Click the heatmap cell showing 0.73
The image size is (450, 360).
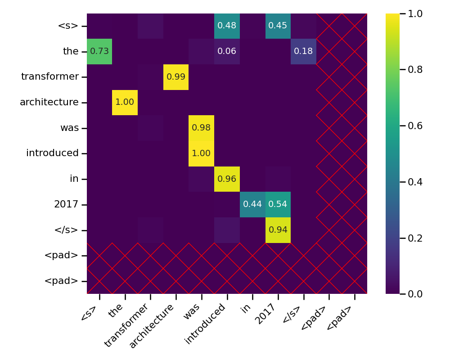(x=99, y=51)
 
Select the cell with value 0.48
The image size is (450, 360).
(x=227, y=26)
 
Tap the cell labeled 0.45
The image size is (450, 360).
(x=278, y=26)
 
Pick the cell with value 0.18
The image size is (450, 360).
(x=303, y=51)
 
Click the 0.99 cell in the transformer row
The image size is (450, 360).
(x=176, y=77)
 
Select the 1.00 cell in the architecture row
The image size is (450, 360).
(x=125, y=102)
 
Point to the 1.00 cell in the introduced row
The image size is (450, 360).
(x=201, y=153)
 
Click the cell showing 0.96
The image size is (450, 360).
(x=227, y=179)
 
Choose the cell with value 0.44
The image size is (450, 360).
(x=252, y=204)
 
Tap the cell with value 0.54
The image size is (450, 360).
(x=278, y=204)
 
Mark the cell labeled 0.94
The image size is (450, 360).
(x=278, y=230)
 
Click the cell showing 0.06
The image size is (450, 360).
(x=227, y=51)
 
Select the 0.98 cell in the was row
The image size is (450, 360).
(x=201, y=128)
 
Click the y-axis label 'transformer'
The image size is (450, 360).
(x=49, y=77)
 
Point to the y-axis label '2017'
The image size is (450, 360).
(x=66, y=204)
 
